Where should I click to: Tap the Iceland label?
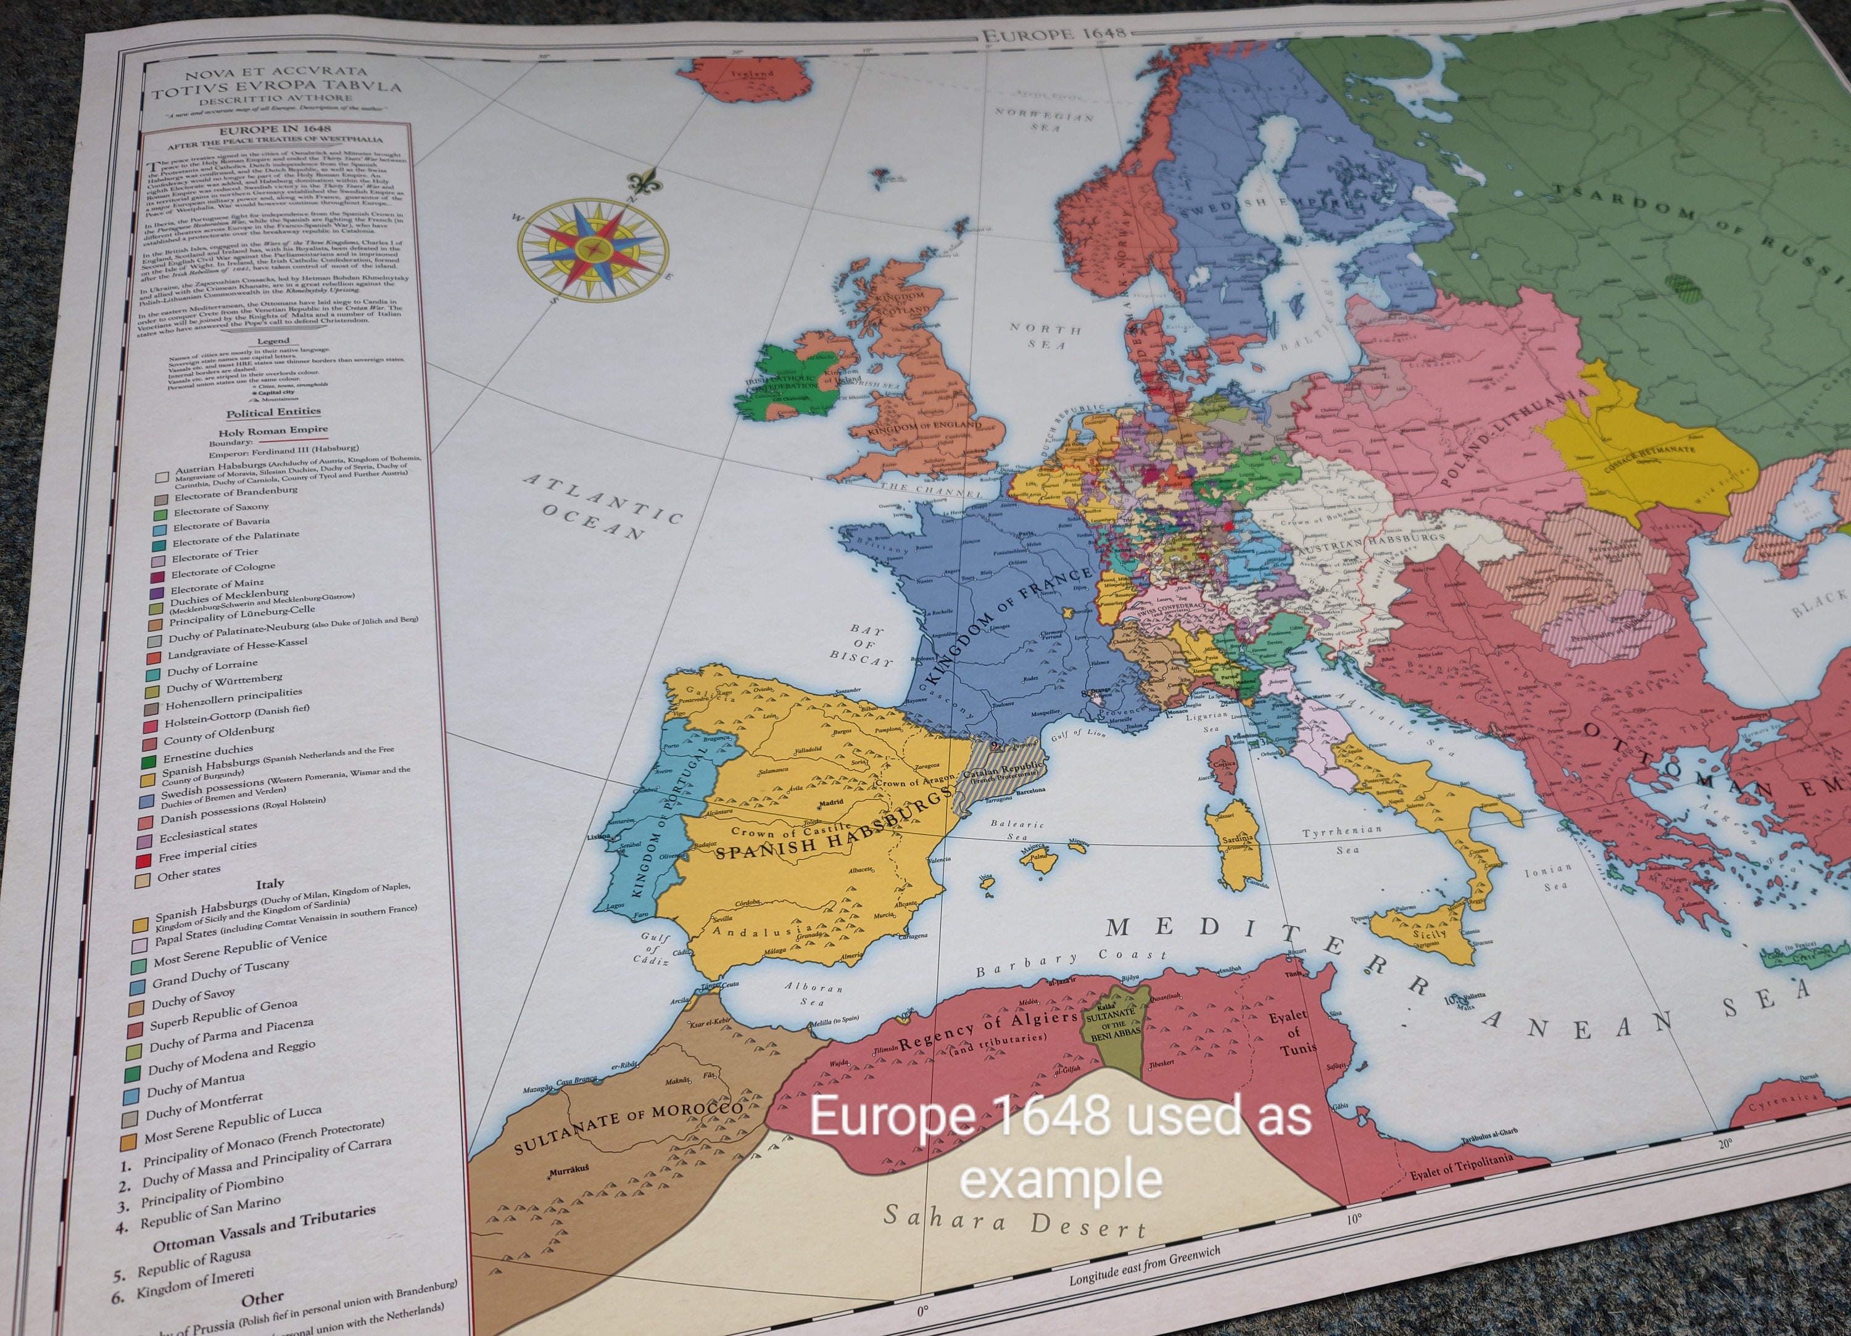pyautogui.click(x=752, y=73)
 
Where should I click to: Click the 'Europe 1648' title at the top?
pyautogui.click(x=1054, y=33)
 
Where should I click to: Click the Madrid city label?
pyautogui.click(x=831, y=802)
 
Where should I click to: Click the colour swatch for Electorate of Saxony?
pyautogui.click(x=160, y=513)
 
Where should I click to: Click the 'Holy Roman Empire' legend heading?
pyautogui.click(x=273, y=430)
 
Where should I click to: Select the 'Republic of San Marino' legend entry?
pyautogui.click(x=210, y=1211)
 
